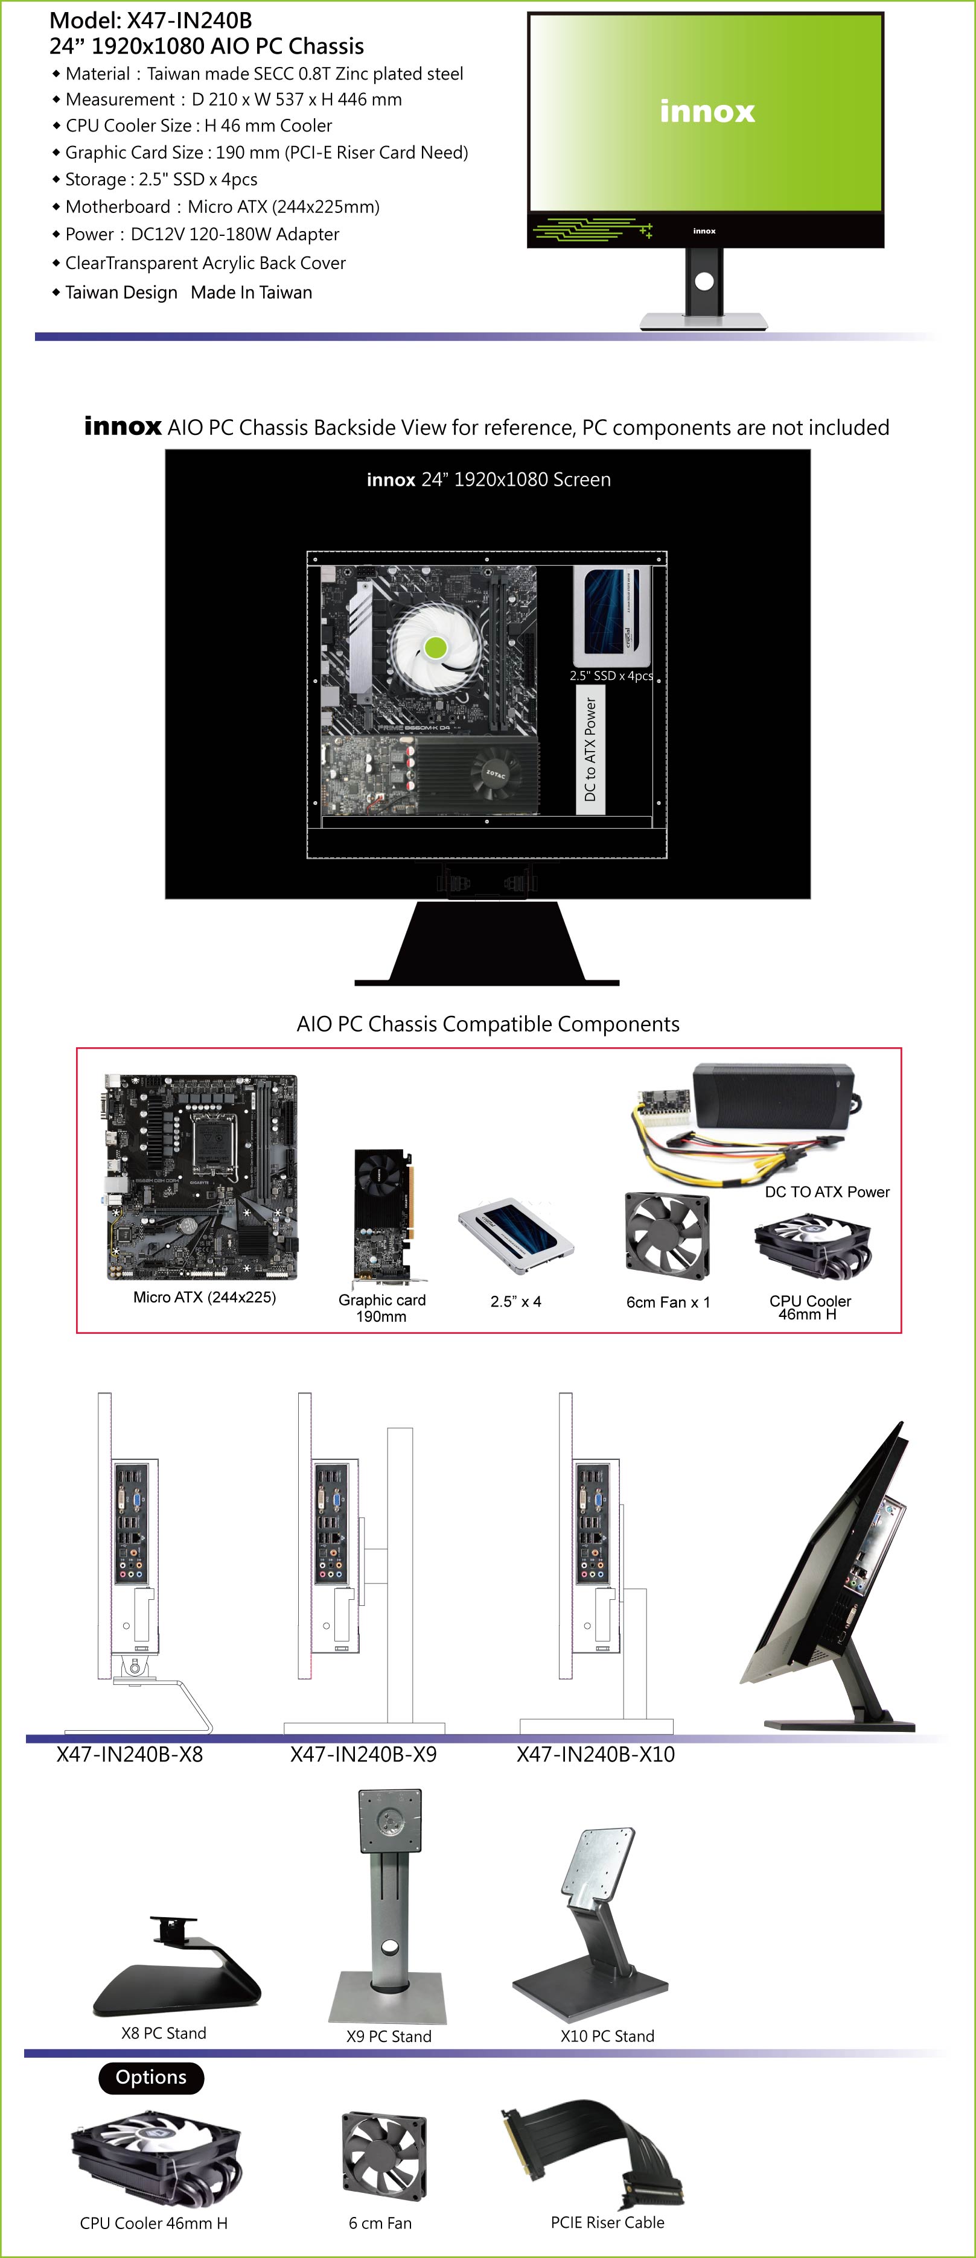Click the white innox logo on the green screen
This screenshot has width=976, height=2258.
tap(707, 112)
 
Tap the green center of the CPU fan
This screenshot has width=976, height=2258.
tap(435, 648)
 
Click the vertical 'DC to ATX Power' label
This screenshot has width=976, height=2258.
tap(590, 749)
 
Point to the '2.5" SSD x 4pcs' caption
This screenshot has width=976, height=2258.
tap(611, 676)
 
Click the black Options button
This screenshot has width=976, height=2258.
tap(151, 2078)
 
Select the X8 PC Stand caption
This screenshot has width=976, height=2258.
tap(164, 2034)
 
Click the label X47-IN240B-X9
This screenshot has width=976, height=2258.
tap(363, 1754)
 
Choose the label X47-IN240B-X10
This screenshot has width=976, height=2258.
tap(595, 1754)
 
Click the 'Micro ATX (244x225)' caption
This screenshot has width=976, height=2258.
tap(205, 1297)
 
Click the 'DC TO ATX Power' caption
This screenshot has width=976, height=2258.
tap(827, 1192)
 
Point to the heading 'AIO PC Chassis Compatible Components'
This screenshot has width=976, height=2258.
tap(488, 1024)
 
